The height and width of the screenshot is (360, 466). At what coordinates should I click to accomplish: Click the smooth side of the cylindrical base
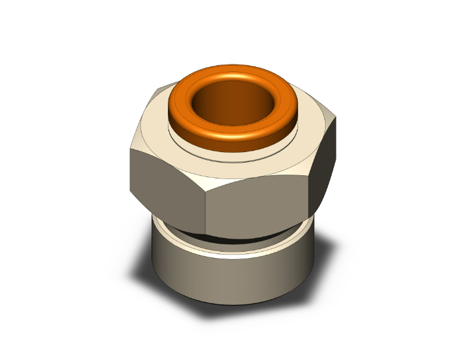click(232, 275)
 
